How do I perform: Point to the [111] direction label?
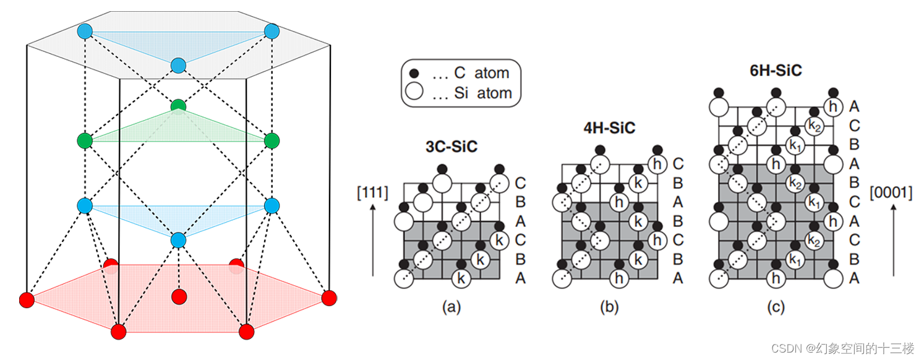(x=372, y=193)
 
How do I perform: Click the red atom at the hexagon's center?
(x=179, y=296)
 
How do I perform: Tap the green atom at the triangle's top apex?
(x=178, y=106)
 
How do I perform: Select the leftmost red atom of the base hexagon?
(x=27, y=300)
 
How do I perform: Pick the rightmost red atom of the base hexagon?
(x=329, y=298)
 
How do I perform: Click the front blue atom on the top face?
(x=178, y=65)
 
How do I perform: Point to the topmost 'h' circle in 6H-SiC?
(x=834, y=106)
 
